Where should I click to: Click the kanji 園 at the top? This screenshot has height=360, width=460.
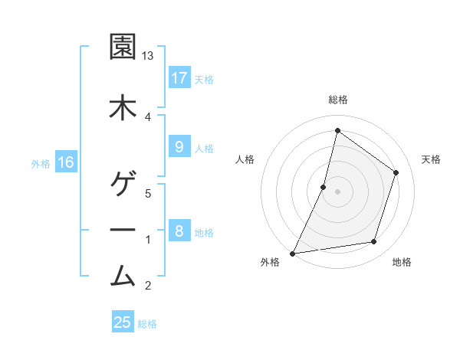123,48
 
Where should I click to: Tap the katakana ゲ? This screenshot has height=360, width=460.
123,184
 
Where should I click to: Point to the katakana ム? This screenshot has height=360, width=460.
123,273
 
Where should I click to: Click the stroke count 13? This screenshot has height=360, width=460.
149,56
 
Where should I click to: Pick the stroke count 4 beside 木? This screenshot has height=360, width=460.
149,116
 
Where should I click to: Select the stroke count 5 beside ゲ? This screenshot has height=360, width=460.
149,193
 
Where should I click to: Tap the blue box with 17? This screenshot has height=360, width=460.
179,78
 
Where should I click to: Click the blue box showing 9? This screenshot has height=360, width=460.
179,147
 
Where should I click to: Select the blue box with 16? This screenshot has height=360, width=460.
66,162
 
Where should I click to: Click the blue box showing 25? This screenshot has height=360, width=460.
123,322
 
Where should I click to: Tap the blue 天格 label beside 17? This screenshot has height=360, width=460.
204,79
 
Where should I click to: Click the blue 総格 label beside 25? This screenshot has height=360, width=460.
147,323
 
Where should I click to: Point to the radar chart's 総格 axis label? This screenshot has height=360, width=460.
337,100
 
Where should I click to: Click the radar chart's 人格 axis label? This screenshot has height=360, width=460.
245,159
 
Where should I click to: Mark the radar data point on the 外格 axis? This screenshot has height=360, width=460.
292,253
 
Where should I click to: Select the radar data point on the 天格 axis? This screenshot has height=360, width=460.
396,172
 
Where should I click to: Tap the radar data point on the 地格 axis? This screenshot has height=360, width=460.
374,242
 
